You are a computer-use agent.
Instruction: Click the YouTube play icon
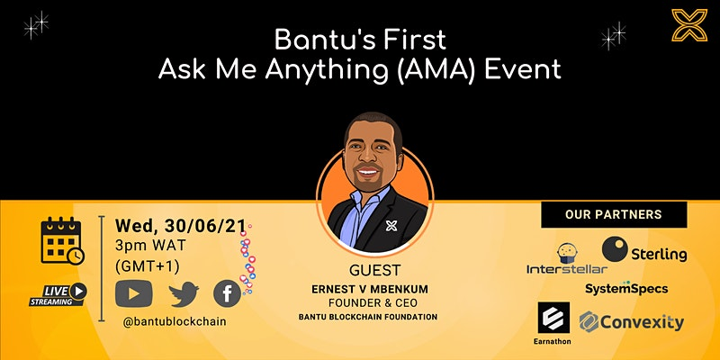click(133, 293)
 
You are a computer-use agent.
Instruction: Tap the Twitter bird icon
click(184, 294)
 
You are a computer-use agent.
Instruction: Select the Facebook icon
click(227, 293)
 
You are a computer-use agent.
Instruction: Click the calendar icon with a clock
click(62, 240)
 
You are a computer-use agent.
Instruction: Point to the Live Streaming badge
click(58, 294)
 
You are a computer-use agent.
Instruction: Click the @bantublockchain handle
click(175, 321)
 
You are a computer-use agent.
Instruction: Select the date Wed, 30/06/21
click(181, 226)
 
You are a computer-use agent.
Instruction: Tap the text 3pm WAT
click(150, 245)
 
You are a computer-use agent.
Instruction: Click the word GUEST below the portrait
click(374, 270)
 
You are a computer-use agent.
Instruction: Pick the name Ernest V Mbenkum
click(370, 289)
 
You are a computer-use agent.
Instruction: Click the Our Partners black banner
click(614, 214)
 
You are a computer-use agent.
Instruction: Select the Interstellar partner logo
click(567, 259)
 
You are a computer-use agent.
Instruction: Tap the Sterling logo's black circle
click(615, 249)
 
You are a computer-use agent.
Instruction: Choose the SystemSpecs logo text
click(626, 288)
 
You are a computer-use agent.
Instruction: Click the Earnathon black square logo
click(553, 318)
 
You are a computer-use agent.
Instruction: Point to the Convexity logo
click(632, 322)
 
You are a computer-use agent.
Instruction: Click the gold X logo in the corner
click(689, 25)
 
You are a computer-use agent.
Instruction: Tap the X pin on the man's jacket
click(391, 226)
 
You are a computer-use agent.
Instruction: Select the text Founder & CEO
click(373, 303)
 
